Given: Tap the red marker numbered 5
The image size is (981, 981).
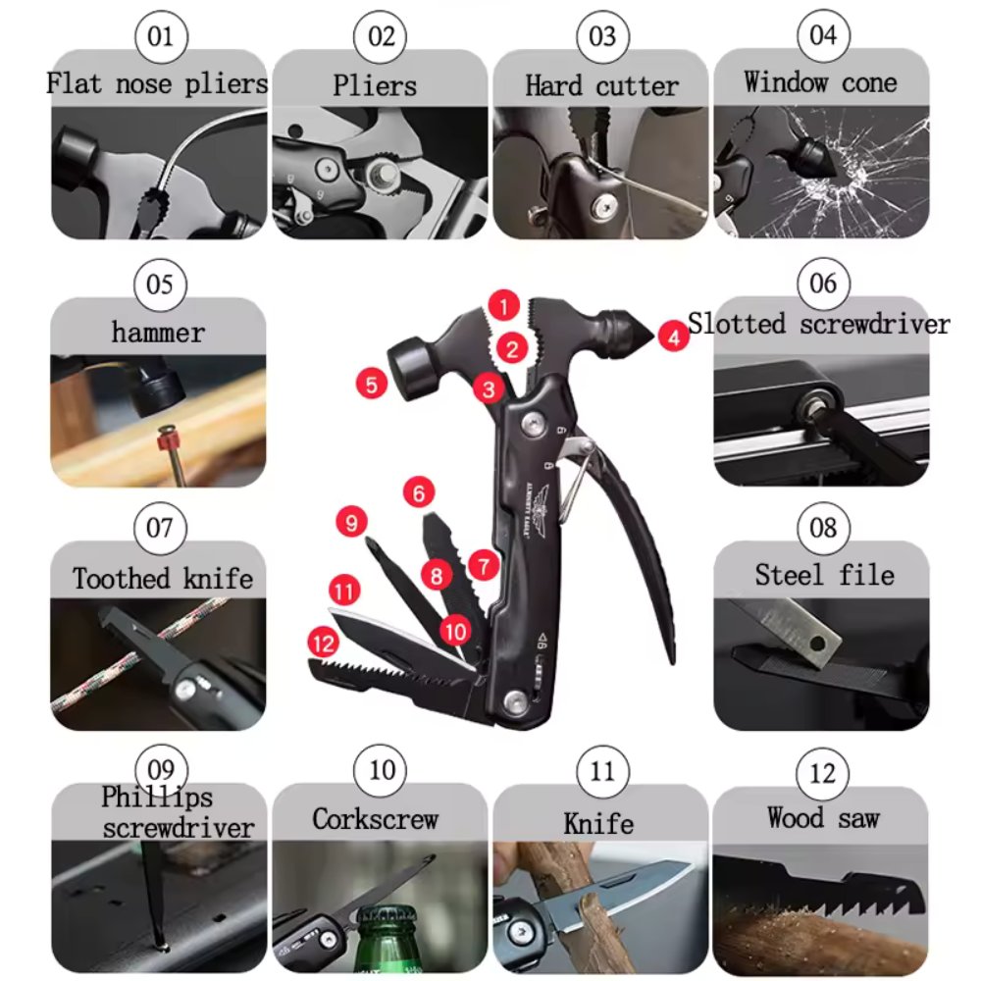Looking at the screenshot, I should point(371,385).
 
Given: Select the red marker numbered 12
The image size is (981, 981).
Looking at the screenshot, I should point(323,644).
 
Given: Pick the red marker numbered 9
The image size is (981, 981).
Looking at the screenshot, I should point(351,521).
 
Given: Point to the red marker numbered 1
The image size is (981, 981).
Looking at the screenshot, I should point(503,306).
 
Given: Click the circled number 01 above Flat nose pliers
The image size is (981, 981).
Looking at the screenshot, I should point(160,37).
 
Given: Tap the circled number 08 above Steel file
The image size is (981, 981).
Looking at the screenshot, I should point(823,529).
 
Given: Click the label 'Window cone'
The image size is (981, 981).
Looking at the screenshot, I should point(820,82).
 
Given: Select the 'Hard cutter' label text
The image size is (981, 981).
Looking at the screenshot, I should point(601,86).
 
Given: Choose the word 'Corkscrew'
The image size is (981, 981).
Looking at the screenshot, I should point(376,819).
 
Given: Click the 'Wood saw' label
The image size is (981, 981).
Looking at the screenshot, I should point(823,818).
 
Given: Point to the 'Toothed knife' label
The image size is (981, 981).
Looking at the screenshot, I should point(163,578).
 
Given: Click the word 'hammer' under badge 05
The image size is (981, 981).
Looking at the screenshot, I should point(158,333).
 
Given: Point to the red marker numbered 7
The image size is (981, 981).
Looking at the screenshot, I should point(483,566).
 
